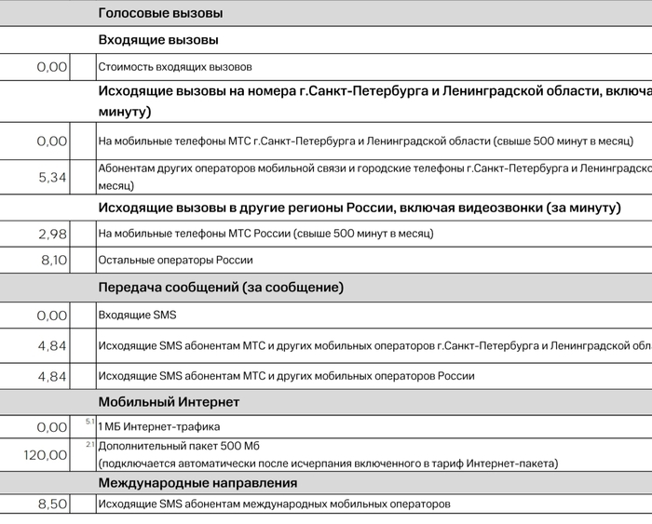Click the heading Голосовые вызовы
[x=160, y=14]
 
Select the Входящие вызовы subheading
[x=158, y=40]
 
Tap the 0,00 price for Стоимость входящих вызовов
[x=52, y=67]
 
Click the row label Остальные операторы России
[x=175, y=261]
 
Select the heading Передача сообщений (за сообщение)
[x=221, y=288]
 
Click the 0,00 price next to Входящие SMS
[x=52, y=316]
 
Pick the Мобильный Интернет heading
[x=169, y=402]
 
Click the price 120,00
[x=45, y=455]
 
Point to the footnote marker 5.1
[x=89, y=422]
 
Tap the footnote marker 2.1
[x=89, y=444]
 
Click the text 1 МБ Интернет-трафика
[x=159, y=427]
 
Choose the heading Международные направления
[x=197, y=483]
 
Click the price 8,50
[x=52, y=504]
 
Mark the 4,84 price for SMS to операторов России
[x=52, y=376]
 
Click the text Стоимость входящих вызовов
[x=175, y=67]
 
